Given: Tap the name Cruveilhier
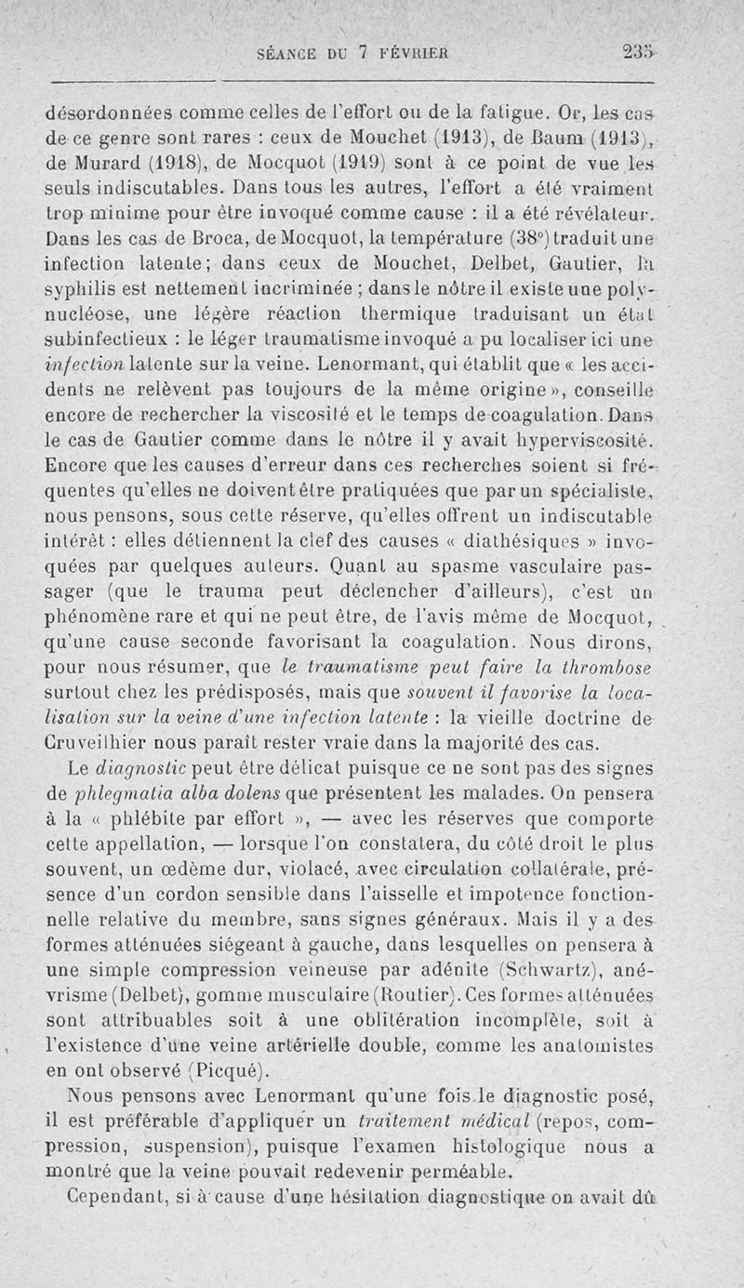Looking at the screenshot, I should (104, 742).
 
